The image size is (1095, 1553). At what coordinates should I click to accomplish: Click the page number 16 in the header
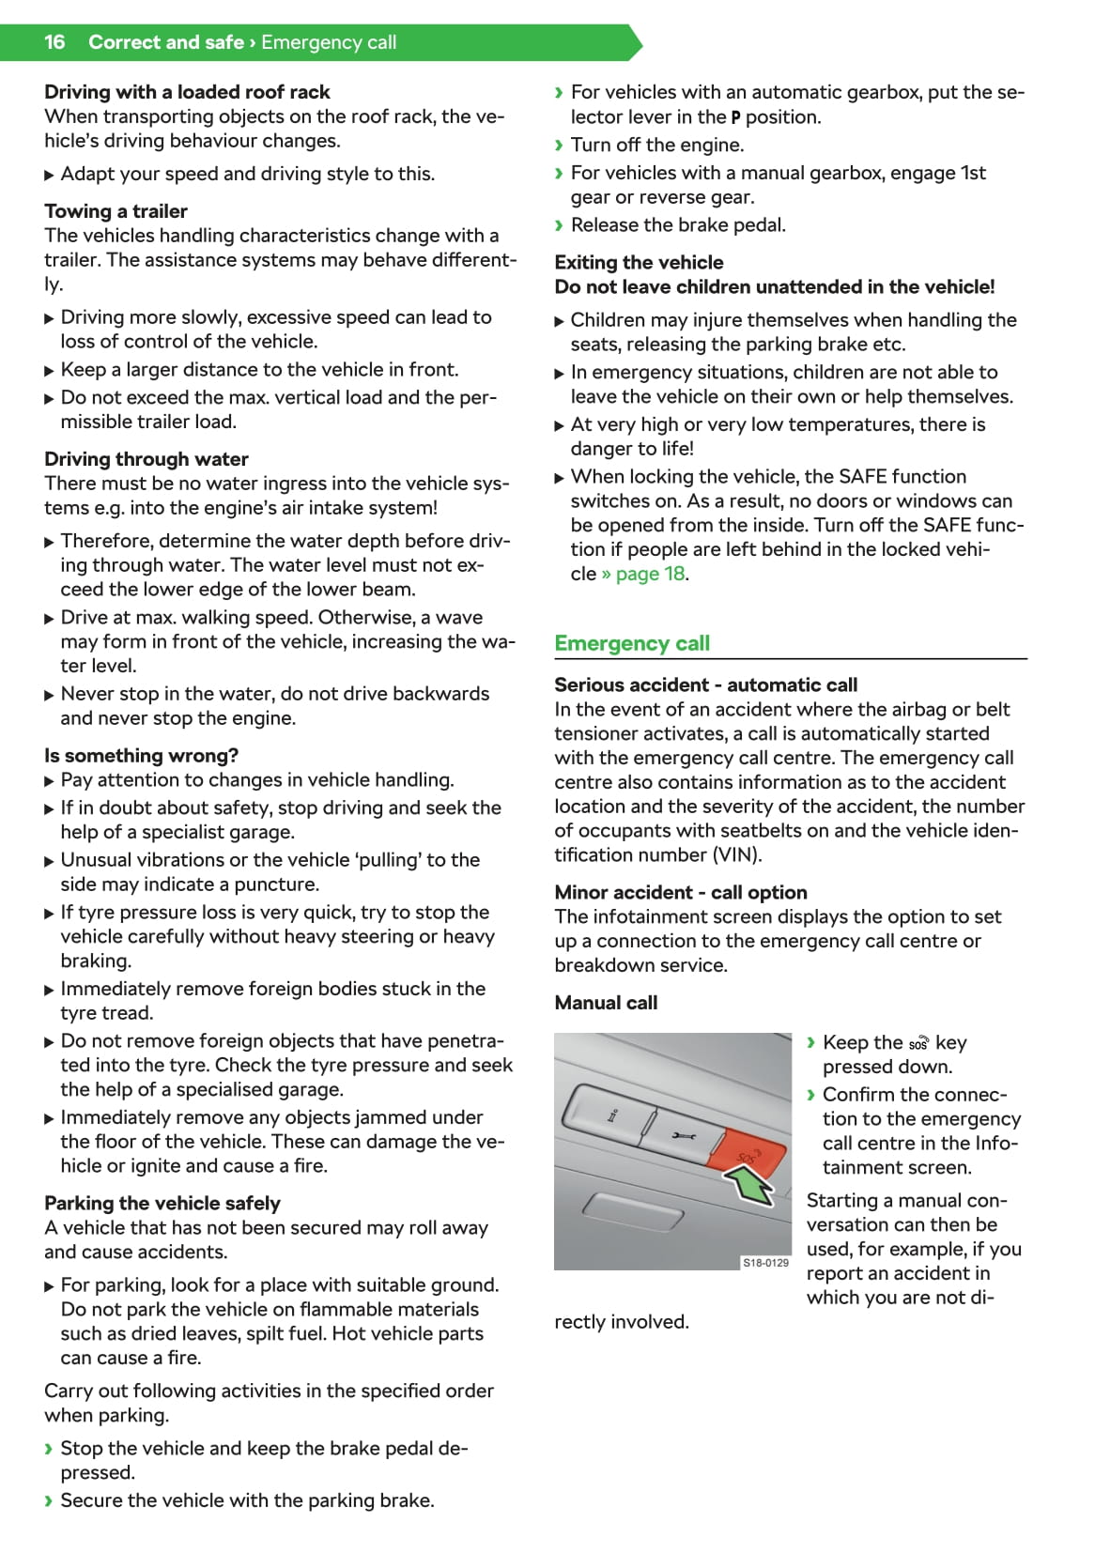pos(54,42)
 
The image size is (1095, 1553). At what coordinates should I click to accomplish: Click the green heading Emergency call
pos(632,643)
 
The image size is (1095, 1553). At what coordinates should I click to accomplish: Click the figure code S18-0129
pos(765,1263)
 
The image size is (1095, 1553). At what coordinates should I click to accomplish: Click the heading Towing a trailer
pos(116,211)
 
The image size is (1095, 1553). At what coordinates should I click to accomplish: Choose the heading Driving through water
pos(147,459)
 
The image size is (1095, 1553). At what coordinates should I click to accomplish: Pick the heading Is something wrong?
pos(141,756)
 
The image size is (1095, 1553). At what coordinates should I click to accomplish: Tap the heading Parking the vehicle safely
pos(162,1203)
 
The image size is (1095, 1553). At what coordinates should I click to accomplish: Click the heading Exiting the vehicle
pos(639,263)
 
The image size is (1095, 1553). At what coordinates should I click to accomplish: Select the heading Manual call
pos(606,1003)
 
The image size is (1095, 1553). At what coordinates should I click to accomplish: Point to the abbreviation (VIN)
pos(736,855)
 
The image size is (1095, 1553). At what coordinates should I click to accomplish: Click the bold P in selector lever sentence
pos(735,118)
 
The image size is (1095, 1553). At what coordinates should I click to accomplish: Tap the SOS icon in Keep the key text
pos(918,1044)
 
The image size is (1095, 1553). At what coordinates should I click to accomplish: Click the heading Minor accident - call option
pos(681,892)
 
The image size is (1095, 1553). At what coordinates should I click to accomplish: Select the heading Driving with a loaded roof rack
pos(187,92)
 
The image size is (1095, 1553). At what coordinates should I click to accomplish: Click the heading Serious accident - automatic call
pos(705,684)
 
